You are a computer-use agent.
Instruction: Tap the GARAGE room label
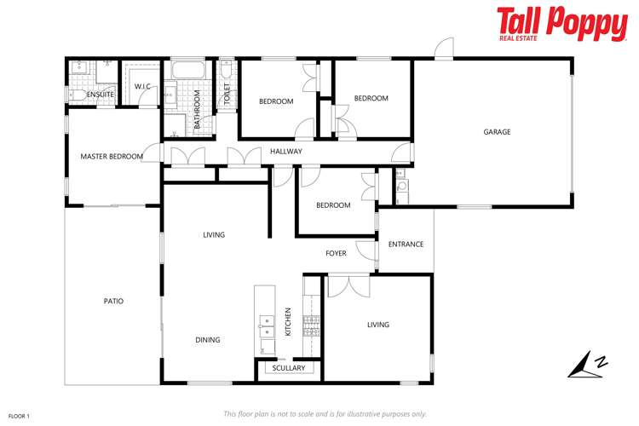[x=497, y=132]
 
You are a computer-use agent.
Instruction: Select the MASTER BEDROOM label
[x=112, y=157]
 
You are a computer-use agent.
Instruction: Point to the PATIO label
[x=113, y=301]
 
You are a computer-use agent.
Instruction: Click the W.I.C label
[x=142, y=86]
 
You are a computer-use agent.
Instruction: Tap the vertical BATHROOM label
[x=197, y=110]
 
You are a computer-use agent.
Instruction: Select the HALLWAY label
[x=286, y=152]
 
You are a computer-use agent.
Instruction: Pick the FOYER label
[x=336, y=254]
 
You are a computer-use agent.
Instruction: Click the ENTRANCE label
[x=406, y=245]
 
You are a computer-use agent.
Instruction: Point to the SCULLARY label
[x=288, y=368]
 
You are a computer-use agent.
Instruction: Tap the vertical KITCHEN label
[x=289, y=321]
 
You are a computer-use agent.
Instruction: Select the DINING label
[x=208, y=340]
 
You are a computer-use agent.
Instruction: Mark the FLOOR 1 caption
[x=19, y=416]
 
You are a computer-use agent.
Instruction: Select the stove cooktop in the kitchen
[x=311, y=322]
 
